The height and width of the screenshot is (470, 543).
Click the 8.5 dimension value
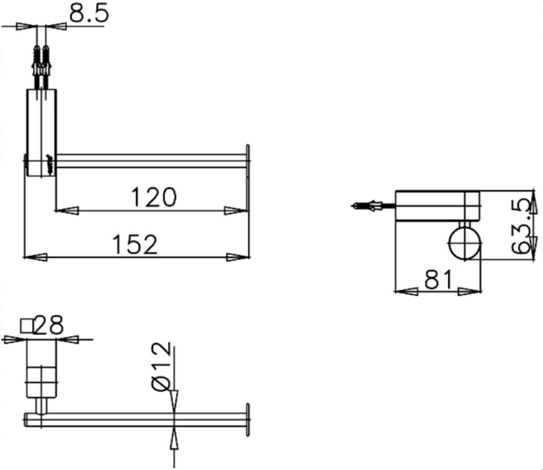tap(89, 12)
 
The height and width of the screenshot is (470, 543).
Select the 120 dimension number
tap(154, 197)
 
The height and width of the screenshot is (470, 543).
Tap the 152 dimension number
tap(135, 244)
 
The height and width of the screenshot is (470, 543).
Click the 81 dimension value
tap(439, 279)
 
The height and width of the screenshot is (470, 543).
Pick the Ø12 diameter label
tap(161, 367)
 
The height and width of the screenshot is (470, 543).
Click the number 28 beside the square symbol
tap(49, 324)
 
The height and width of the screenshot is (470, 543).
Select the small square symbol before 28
tap(27, 326)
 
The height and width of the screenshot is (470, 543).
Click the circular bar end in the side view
tap(465, 243)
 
